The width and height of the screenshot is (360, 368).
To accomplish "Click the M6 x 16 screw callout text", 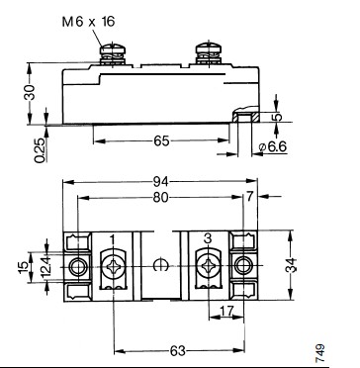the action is [88, 22].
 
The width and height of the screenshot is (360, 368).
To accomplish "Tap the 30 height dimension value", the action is [30, 92].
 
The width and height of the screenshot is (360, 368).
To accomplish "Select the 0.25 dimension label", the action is [40, 150].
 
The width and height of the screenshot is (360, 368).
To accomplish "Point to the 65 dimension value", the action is [161, 141].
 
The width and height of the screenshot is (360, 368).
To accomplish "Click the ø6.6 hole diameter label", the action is [273, 146].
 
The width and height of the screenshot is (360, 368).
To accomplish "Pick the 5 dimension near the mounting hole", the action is [279, 117].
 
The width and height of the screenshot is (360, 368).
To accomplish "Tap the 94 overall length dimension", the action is [161, 181].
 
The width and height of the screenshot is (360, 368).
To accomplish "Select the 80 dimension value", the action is [161, 197].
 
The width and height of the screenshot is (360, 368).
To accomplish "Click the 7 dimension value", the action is [249, 197].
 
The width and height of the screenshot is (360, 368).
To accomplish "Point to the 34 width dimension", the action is [291, 265].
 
